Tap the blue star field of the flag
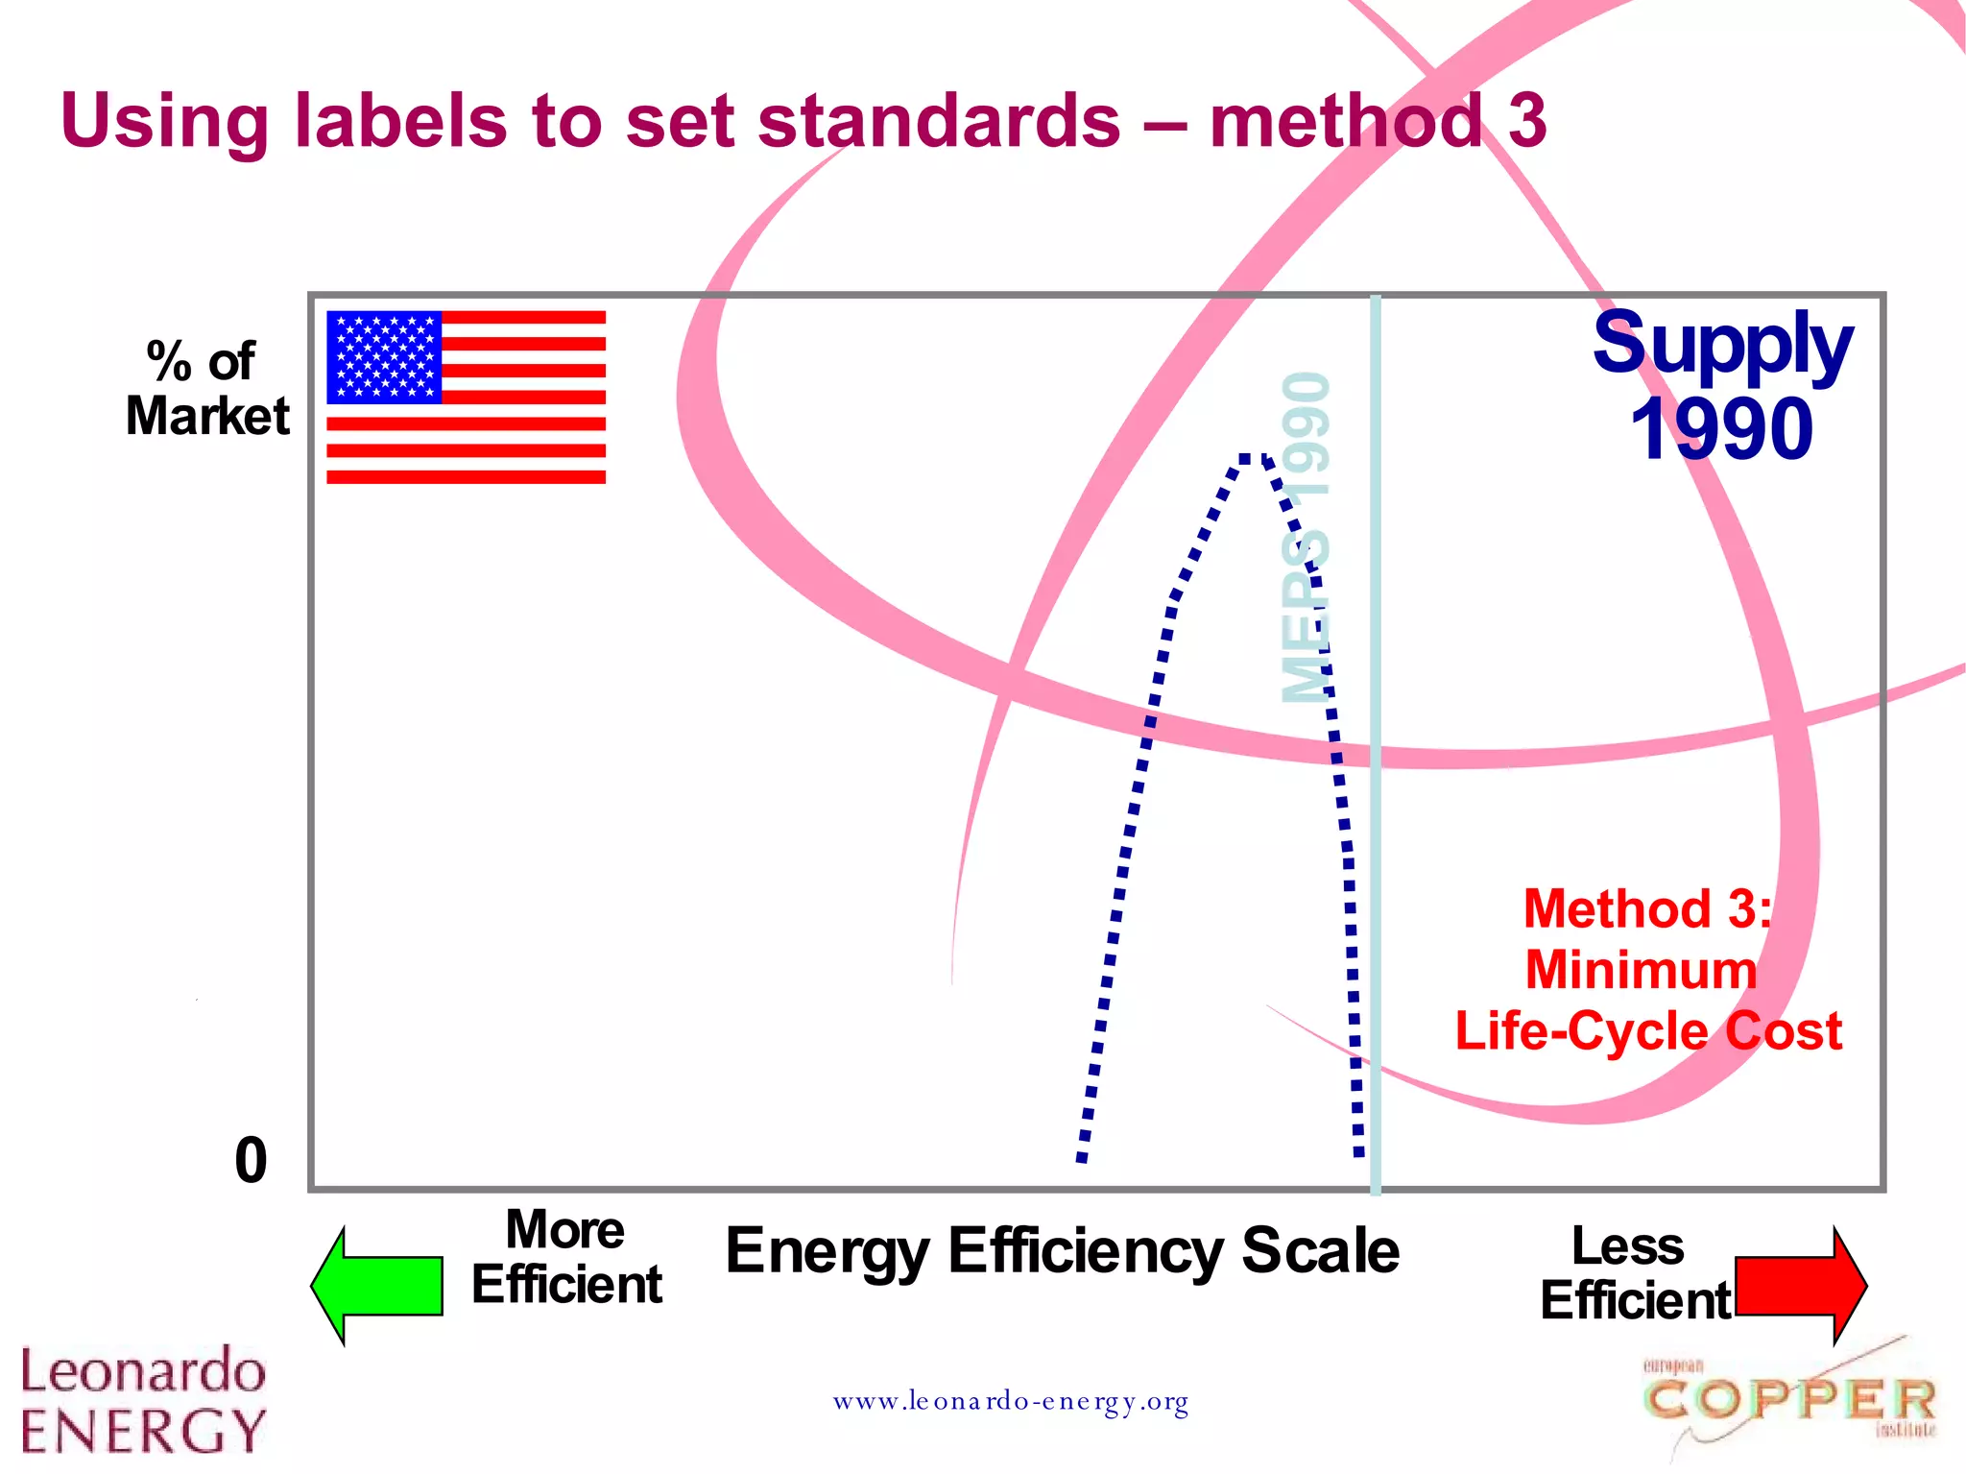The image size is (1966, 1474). pyautogui.click(x=383, y=356)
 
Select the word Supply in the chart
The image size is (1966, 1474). pyautogui.click(x=1722, y=344)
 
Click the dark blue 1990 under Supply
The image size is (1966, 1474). pyautogui.click(x=1722, y=429)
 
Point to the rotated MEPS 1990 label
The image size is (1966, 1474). pyautogui.click(x=1307, y=538)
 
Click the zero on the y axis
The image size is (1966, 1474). pyautogui.click(x=251, y=1160)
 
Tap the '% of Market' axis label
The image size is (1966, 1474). pyautogui.click(x=205, y=389)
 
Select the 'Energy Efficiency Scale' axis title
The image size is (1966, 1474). pyautogui.click(x=1062, y=1250)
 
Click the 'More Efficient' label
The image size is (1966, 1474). pyautogui.click(x=566, y=1257)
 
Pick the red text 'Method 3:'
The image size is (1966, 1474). pyautogui.click(x=1647, y=908)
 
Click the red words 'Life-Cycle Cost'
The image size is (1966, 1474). pyautogui.click(x=1647, y=1031)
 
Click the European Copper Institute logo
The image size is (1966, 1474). pyautogui.click(x=1789, y=1400)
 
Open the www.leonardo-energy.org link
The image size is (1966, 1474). pyautogui.click(x=1010, y=1402)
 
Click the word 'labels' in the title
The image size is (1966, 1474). pyautogui.click(x=400, y=121)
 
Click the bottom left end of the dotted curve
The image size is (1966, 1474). pyautogui.click(x=1083, y=1157)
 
